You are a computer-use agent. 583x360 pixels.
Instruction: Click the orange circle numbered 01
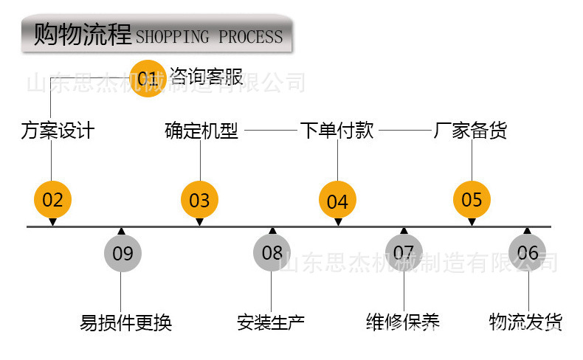coord(148,77)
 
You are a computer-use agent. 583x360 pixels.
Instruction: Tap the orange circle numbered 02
coord(52,199)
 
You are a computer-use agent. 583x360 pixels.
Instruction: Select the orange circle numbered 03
coord(199,200)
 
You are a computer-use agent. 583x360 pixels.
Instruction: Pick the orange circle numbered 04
coord(337,201)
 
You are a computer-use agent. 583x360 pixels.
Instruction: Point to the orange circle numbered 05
coord(472,199)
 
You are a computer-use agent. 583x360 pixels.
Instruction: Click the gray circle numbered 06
coord(528,253)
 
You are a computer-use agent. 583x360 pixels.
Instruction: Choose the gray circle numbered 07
coord(404,253)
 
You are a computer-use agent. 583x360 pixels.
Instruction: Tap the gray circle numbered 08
coord(272,253)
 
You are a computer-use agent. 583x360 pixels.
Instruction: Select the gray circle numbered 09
coord(123,253)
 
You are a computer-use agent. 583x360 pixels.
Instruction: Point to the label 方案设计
coord(58,131)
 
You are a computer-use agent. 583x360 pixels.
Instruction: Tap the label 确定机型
coord(201,131)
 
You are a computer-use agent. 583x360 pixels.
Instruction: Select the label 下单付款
coord(337,131)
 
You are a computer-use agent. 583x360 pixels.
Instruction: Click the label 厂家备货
coord(471,131)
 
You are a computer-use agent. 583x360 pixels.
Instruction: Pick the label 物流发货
coord(525,322)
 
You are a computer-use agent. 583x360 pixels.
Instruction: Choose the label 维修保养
coord(403,322)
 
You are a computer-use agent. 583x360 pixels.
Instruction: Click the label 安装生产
coord(271,322)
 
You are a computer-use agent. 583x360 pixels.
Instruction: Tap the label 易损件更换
coord(125,322)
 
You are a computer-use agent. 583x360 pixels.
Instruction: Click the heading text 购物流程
coord(83,35)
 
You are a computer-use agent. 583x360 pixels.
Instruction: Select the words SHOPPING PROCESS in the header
coord(210,37)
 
